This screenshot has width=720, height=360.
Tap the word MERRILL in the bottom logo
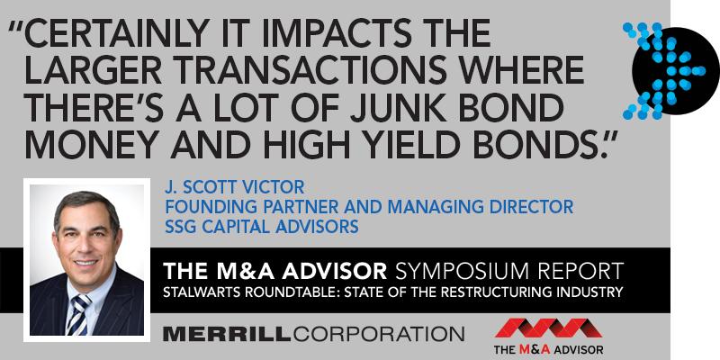pyautogui.click(x=226, y=334)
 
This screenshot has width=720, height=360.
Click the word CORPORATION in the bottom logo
pyautogui.click(x=378, y=334)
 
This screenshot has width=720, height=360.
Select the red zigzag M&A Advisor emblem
pyautogui.click(x=548, y=328)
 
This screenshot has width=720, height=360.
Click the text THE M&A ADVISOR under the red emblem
pyautogui.click(x=548, y=349)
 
